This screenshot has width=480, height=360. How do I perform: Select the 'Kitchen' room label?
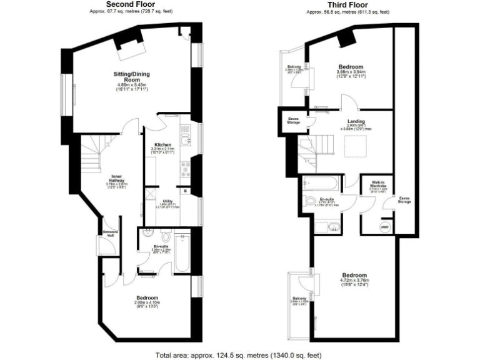(x=162, y=144)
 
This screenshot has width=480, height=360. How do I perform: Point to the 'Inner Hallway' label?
(x=116, y=179)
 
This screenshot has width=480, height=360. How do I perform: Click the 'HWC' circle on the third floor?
(x=384, y=227)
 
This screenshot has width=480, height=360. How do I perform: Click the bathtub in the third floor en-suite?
(x=320, y=184)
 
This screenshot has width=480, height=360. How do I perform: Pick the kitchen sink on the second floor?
(x=185, y=132)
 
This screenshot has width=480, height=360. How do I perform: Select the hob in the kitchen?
(x=186, y=168)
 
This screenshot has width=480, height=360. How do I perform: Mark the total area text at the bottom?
(x=240, y=354)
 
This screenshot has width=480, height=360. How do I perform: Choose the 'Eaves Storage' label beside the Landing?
(x=292, y=120)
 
